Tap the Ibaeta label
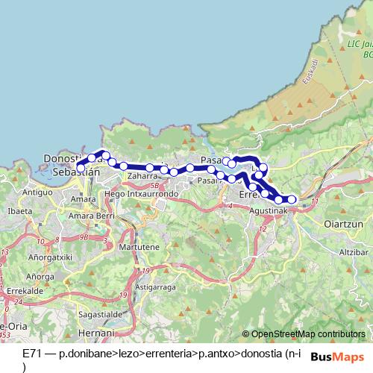coord(19,211)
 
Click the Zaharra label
coord(142,177)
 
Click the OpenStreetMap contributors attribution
coord(308,334)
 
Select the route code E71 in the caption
coord(33,351)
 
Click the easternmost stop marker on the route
coord(292,199)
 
